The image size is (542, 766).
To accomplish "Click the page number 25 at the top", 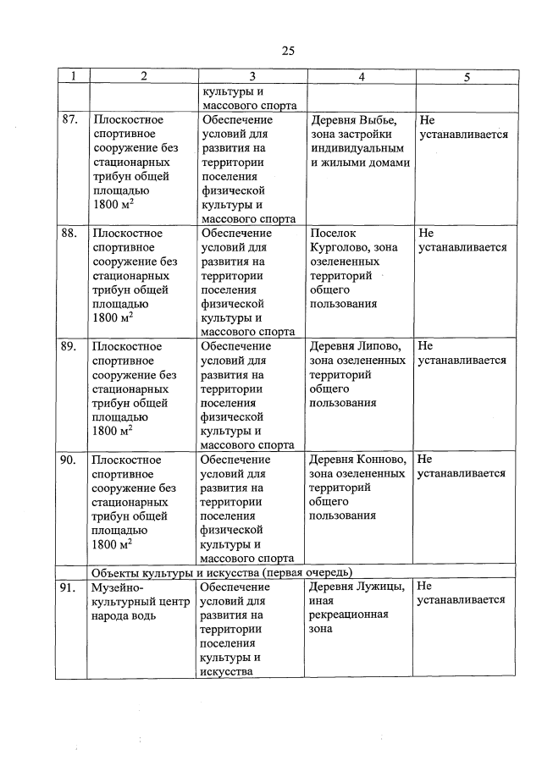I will point(288,51).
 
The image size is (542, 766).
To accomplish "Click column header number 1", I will point(73,77).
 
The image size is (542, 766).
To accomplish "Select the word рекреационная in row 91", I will point(349,614).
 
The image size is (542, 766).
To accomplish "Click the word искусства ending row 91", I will point(227,671).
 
